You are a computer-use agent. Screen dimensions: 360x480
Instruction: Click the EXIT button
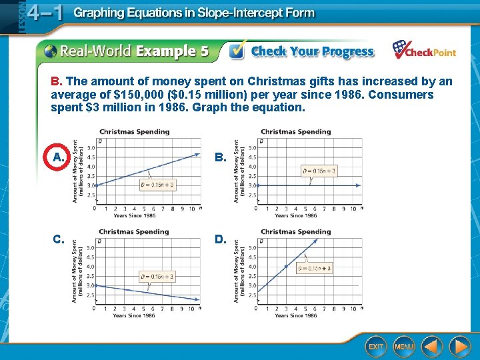[x=377, y=346]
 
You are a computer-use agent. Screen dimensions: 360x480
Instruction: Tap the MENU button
[x=403, y=346]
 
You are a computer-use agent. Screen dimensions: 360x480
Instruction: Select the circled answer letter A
[x=59, y=157]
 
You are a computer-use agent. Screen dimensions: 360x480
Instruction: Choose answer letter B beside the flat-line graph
[x=219, y=158]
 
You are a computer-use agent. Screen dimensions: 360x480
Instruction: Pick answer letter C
[x=59, y=239]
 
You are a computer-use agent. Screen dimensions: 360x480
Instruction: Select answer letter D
[x=219, y=239]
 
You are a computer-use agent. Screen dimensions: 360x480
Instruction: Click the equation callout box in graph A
[x=157, y=185]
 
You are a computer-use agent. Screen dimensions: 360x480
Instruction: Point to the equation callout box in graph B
[x=319, y=171]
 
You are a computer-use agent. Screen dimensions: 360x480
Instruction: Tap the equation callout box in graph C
[x=157, y=276]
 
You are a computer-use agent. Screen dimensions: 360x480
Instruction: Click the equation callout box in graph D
[x=315, y=268]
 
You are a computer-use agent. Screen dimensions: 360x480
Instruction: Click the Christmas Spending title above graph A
[x=135, y=131]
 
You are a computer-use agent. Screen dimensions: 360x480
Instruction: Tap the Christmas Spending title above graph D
[x=296, y=232]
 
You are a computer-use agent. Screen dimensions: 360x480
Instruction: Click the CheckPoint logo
[x=423, y=50]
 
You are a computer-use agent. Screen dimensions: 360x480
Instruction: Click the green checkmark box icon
[x=237, y=51]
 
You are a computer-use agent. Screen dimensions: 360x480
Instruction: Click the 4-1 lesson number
[x=47, y=14]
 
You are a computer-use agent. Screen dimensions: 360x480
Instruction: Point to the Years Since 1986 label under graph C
[x=134, y=315]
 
